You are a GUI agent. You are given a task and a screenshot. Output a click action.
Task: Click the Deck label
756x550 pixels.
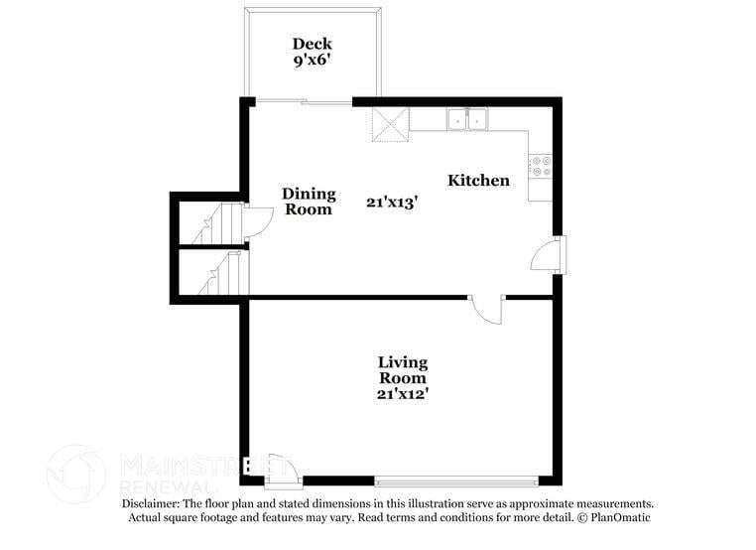[312, 44]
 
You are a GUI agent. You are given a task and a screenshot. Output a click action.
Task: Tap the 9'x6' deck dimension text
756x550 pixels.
[312, 61]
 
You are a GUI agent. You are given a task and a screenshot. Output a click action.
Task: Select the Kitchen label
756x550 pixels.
[478, 181]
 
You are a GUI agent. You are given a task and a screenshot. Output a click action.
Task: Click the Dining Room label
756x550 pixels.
[309, 202]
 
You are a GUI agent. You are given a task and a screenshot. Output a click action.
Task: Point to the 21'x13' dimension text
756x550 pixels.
[391, 202]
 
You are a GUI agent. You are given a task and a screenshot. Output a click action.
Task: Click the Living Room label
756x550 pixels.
[403, 369]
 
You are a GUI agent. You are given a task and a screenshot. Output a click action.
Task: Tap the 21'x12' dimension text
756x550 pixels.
[403, 393]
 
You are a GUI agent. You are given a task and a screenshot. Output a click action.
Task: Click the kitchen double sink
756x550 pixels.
[466, 119]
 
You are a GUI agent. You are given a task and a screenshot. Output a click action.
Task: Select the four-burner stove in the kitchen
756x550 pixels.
[541, 166]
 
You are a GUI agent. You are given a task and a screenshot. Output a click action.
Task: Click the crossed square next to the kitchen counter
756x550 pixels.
[390, 124]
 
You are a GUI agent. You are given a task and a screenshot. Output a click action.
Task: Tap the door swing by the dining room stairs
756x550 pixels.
[256, 221]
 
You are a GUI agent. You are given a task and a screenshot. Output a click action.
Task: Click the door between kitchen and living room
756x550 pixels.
[487, 309]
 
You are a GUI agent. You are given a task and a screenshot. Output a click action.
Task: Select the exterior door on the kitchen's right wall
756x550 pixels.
[547, 255]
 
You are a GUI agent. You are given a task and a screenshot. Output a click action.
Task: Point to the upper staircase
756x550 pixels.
[219, 223]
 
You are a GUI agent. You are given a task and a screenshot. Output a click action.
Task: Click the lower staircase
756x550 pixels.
[219, 273]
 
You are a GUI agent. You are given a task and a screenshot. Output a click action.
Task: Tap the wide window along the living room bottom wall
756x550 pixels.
[457, 482]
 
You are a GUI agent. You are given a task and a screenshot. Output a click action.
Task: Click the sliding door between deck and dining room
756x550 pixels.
[302, 100]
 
